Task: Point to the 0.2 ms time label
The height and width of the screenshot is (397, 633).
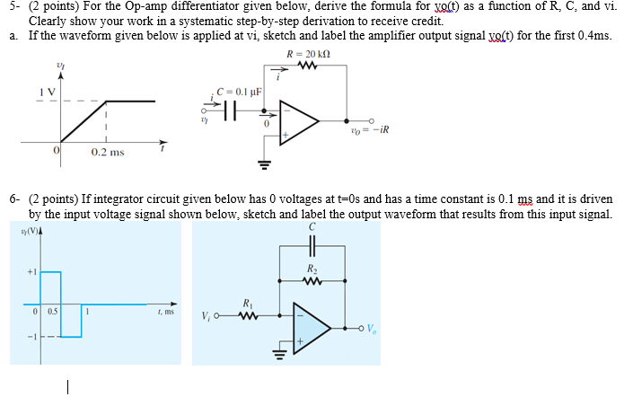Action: click(x=105, y=153)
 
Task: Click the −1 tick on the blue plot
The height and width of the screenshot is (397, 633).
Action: click(x=30, y=337)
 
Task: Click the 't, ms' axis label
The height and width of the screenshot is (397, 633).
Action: click(x=163, y=311)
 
